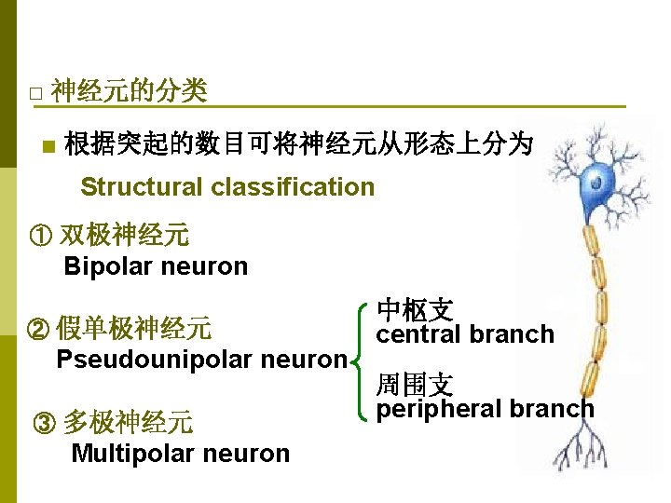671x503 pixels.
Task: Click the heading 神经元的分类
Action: [130, 91]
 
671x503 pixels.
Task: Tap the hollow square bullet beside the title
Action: [34, 94]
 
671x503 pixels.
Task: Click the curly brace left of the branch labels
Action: [360, 360]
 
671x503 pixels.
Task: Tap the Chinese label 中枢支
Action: [415, 310]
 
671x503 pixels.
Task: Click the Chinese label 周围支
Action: [415, 384]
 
